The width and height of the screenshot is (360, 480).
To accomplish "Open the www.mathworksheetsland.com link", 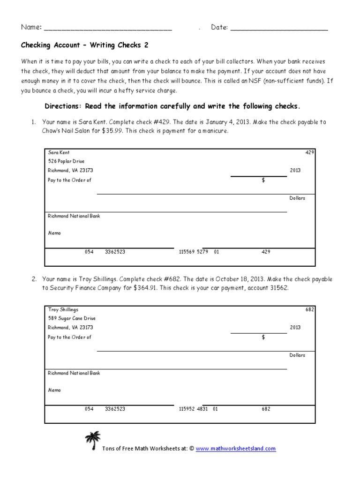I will point(236,449).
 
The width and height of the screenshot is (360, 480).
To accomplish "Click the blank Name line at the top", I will point(108,28).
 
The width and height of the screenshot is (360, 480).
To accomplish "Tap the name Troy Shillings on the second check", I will point(63,309).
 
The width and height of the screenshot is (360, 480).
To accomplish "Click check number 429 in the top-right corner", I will point(310,152).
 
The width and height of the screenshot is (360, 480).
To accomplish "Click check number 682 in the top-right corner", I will point(310,309).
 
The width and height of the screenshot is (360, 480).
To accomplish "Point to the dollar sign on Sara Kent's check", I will point(263,180).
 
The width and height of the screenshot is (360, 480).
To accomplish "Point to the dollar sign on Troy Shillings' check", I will point(263,337).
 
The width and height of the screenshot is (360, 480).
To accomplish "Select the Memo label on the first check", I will point(54,233).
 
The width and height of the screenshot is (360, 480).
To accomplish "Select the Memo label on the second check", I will point(54,390).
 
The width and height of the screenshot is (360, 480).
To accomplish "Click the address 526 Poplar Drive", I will point(66,161).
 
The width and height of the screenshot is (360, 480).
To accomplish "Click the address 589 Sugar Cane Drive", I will point(72,318).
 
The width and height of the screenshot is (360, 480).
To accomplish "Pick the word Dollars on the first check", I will point(297,198).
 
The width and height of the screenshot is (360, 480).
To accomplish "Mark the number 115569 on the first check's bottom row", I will point(187,252).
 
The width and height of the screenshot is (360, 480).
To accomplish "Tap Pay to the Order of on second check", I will point(69,337).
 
